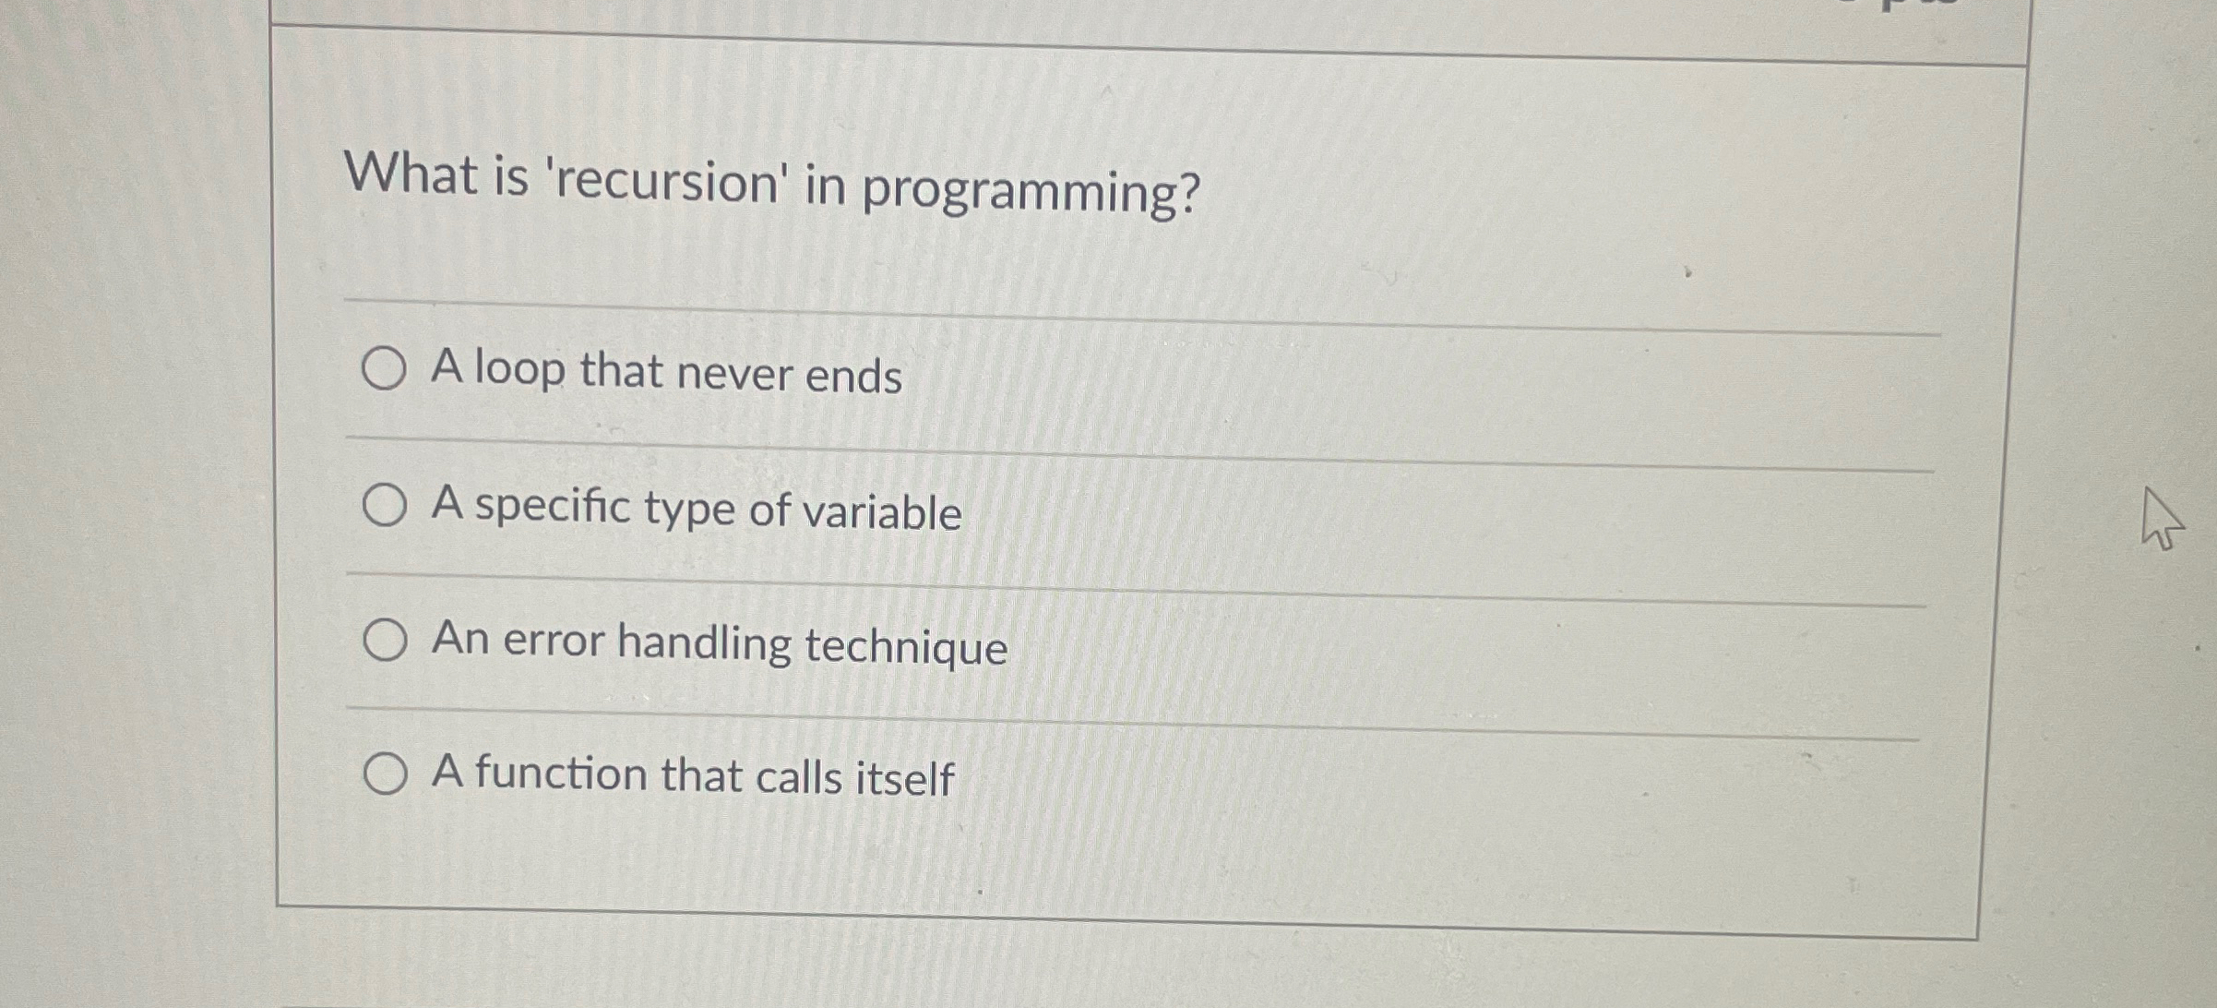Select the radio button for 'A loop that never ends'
[x=383, y=369]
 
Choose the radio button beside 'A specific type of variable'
[x=384, y=505]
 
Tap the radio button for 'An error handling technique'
[x=384, y=640]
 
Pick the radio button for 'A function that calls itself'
[x=384, y=774]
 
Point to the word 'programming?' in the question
[x=1031, y=192]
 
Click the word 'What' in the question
[x=411, y=174]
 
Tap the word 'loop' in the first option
[x=519, y=369]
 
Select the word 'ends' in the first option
[x=853, y=377]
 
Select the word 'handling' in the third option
[x=704, y=643]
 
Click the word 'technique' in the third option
[x=906, y=646]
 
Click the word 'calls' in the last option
[x=798, y=777]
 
